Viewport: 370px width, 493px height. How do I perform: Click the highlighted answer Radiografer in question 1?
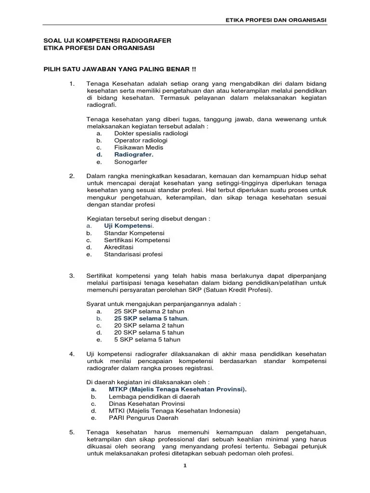point(133,155)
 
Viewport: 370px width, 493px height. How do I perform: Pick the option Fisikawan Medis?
point(139,147)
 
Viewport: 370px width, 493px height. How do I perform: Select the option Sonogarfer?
point(131,162)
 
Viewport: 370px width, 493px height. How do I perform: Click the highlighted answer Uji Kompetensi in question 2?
point(128,225)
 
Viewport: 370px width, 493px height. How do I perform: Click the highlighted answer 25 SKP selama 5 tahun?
point(151,318)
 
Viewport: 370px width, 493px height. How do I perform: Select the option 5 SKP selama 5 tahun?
point(147,339)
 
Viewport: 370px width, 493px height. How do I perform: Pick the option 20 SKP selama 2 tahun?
point(149,325)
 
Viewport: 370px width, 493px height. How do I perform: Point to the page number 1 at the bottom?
point(185,466)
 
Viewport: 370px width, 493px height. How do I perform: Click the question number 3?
point(72,275)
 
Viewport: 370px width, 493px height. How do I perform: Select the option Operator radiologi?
point(141,140)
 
